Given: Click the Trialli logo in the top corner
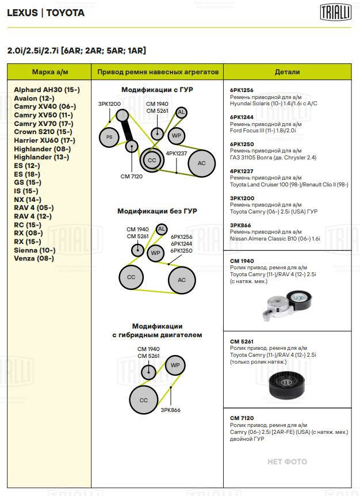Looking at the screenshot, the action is point(336,13).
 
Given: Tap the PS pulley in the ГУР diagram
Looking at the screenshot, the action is point(109,137).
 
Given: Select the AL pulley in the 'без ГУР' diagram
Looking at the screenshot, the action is point(162,229).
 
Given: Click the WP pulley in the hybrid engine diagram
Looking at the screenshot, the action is point(175,365).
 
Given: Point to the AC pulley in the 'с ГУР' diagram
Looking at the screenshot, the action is point(202,163).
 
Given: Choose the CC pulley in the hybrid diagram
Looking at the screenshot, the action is point(144,400).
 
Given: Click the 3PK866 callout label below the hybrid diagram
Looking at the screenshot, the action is point(170,410).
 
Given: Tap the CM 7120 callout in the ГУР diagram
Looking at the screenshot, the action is point(132,177).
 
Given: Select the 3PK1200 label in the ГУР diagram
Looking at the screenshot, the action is point(109,104).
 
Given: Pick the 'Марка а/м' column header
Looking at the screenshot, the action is point(50,72).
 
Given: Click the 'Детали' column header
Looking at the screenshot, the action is point(288,72).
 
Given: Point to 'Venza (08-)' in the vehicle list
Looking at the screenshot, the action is point(34,258).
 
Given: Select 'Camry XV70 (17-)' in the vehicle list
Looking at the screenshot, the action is point(44,124).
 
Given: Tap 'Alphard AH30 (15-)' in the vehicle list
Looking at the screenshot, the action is point(47,90).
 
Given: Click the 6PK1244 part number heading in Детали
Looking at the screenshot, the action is point(242,117).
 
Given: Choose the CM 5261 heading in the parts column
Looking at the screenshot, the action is point(242,341).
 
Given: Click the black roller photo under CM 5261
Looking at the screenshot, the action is point(286,384).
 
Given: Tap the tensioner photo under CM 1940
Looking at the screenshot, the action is point(287,306).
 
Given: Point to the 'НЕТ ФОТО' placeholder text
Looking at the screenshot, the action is point(288,461).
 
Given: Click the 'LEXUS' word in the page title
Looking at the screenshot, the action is point(22,13).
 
